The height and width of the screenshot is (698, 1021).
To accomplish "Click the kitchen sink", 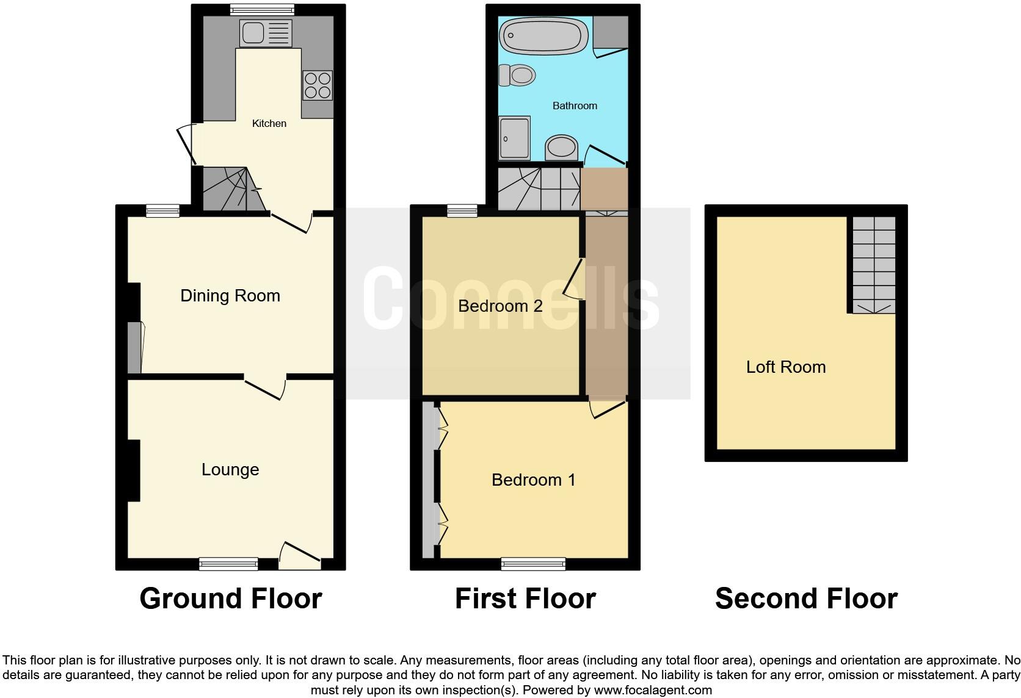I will click(266, 33).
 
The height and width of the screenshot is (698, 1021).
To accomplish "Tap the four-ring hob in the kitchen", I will click(318, 85).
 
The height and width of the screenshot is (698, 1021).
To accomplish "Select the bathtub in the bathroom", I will click(543, 34).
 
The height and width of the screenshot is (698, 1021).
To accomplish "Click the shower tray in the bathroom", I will click(514, 138).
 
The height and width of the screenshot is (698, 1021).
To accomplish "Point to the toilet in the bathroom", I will click(517, 76).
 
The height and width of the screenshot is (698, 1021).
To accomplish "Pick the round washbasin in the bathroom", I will click(562, 147).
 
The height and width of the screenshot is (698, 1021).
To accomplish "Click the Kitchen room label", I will click(269, 123).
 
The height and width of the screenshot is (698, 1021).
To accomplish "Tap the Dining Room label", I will click(230, 296).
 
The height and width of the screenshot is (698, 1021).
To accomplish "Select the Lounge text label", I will click(230, 469).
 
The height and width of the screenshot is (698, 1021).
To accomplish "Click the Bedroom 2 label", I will click(500, 306).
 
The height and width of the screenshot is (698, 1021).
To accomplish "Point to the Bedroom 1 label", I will click(533, 480).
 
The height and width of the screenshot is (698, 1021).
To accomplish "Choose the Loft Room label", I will click(786, 367).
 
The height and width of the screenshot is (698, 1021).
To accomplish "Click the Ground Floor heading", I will click(231, 599).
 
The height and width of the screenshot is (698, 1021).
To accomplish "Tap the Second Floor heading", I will click(806, 599).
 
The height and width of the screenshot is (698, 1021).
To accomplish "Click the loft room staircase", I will click(874, 264).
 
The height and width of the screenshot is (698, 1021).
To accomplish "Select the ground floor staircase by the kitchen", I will click(232, 189).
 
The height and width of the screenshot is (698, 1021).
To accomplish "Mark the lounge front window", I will click(229, 564).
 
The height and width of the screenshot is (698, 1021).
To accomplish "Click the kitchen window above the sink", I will click(262, 9).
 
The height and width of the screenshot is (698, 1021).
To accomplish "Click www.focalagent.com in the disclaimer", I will click(652, 690).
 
